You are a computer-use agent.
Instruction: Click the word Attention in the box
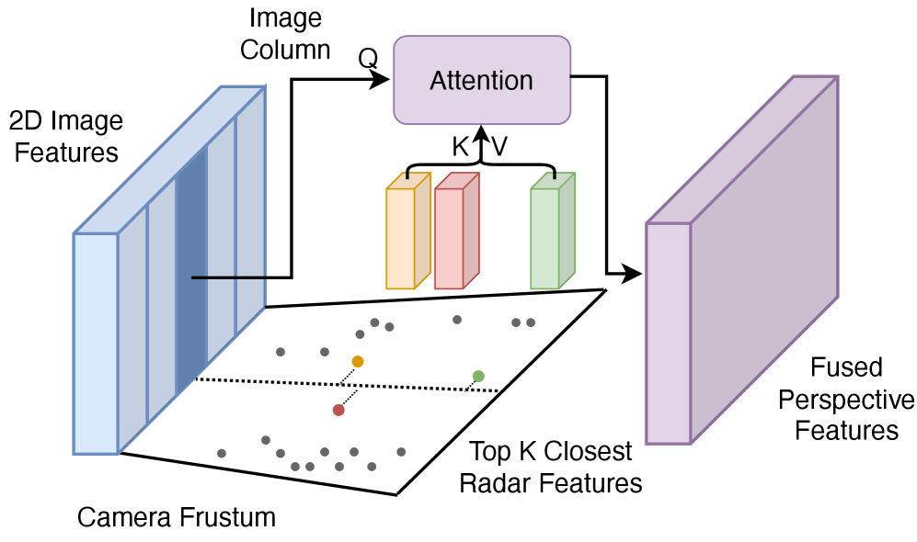[x=481, y=81]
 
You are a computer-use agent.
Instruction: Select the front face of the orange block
[x=400, y=239]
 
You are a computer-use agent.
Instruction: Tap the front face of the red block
[x=448, y=239]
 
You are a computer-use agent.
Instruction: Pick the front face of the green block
[x=544, y=239]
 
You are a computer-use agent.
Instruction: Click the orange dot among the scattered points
[x=358, y=362]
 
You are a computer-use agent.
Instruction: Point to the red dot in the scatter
[x=338, y=410]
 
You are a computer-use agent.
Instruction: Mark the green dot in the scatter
[x=478, y=376]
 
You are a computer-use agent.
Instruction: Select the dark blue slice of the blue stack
[x=190, y=266]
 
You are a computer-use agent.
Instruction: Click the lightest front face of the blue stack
[x=96, y=344]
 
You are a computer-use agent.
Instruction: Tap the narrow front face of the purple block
[x=668, y=333]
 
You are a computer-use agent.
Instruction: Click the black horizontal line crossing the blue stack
[x=229, y=277]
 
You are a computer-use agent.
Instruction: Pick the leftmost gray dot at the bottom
[x=222, y=453]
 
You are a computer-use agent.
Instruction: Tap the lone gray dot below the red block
[x=457, y=320]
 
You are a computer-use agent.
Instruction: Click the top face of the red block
[x=457, y=181]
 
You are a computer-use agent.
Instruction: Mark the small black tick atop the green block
[x=555, y=175]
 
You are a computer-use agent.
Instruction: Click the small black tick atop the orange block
[x=407, y=175]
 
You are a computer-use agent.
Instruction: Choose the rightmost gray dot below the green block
[x=531, y=322]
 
